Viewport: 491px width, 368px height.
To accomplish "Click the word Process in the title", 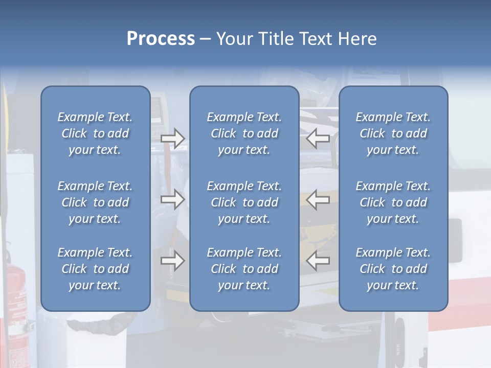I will [161, 39].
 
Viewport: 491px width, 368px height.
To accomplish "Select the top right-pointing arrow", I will [172, 139].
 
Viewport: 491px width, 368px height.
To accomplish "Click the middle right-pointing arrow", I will [172, 199].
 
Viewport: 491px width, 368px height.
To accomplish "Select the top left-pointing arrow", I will [318, 139].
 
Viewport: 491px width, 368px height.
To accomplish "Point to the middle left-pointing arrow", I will [318, 199].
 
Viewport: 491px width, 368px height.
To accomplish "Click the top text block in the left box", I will [95, 133].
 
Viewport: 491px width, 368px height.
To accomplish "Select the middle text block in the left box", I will [95, 202].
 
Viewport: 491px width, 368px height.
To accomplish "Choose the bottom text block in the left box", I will [95, 269].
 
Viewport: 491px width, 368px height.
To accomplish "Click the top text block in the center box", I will [244, 133].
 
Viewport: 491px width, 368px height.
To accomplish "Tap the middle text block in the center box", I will [244, 202].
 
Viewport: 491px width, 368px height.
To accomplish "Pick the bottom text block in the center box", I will [244, 269].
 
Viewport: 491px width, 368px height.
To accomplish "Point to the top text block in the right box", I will [393, 133].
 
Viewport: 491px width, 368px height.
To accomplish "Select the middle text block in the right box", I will [393, 202].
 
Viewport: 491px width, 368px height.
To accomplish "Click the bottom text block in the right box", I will [393, 269].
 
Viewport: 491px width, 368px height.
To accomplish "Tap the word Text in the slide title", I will [316, 39].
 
